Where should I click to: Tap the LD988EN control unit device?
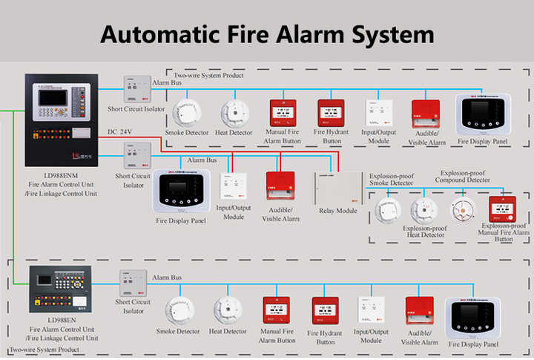[59, 289]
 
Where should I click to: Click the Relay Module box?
[337, 189]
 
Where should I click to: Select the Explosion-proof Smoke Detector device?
[387, 212]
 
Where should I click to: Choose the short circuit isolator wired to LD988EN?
[133, 284]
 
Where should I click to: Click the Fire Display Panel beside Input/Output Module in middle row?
[182, 193]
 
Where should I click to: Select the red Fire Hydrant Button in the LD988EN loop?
[325, 312]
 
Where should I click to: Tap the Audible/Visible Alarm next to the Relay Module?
[280, 186]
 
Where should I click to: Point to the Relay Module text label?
[338, 211]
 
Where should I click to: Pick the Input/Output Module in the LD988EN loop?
[371, 311]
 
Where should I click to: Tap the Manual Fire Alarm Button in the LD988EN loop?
[276, 312]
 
